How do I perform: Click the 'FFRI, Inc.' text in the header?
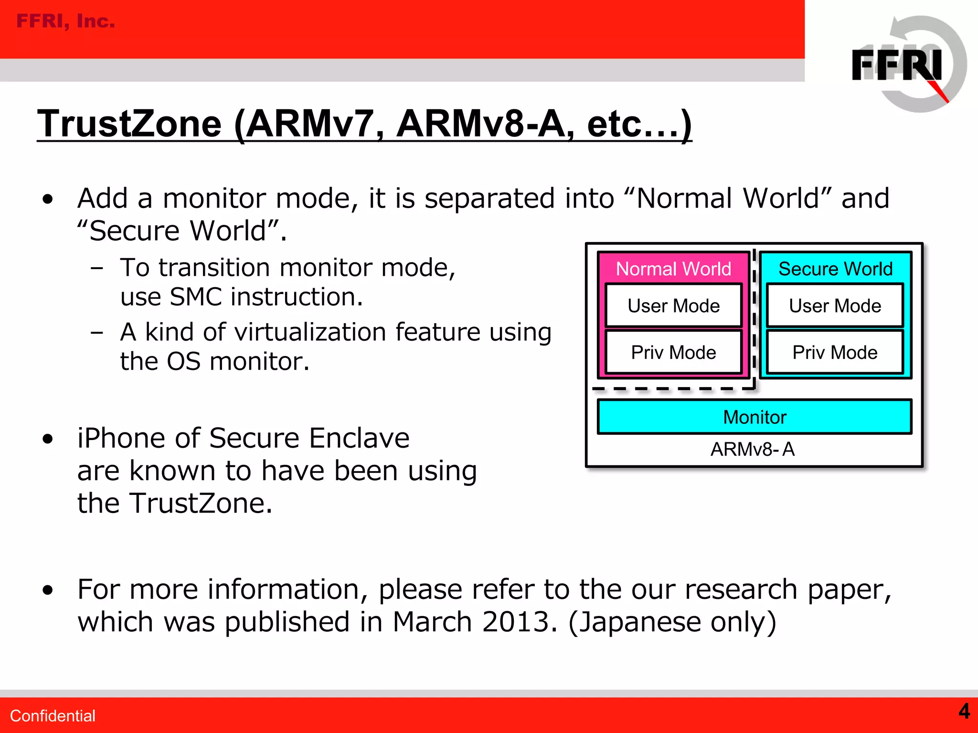click(x=65, y=21)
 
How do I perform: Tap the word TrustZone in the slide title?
click(x=129, y=124)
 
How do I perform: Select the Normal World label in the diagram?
click(x=673, y=269)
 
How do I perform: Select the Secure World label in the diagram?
click(x=835, y=269)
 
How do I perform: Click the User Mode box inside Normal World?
click(x=673, y=305)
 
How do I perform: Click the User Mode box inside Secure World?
click(x=835, y=305)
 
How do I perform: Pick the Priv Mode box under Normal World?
click(x=673, y=352)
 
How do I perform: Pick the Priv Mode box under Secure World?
click(x=835, y=352)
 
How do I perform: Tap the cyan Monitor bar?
click(x=755, y=417)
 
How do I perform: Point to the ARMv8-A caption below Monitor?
click(x=753, y=449)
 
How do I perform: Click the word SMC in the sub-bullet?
click(x=196, y=297)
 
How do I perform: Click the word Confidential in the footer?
click(x=53, y=716)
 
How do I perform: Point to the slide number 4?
click(x=964, y=711)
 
